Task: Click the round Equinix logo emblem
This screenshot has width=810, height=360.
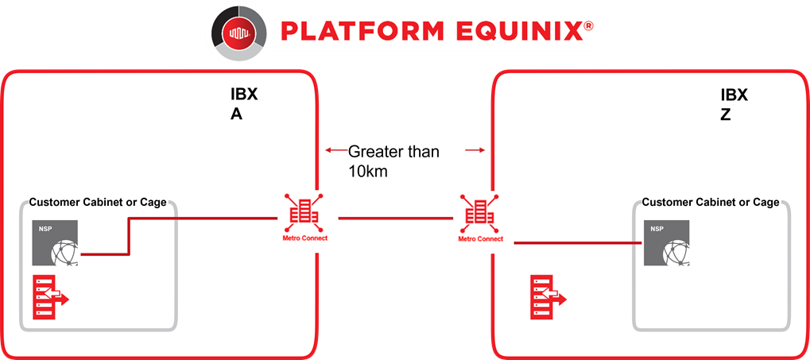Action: pos(238,33)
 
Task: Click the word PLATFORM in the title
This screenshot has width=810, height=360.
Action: pos(362,31)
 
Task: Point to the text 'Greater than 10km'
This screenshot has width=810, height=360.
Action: pos(393,161)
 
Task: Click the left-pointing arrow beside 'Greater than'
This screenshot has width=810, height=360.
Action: pos(335,151)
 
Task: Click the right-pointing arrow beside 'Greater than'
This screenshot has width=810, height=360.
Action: pos(476,151)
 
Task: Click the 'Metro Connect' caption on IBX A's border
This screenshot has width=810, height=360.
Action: pos(304,238)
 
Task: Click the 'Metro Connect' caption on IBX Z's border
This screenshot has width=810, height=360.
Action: pos(480,238)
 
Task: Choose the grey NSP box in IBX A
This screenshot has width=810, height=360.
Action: pos(56,242)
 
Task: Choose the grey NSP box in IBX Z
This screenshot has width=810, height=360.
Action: pos(666,242)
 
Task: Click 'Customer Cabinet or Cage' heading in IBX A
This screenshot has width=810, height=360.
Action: pos(98,203)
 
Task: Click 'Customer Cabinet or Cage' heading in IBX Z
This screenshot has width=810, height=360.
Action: pos(711,203)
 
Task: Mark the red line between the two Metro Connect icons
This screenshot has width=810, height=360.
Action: pos(395,219)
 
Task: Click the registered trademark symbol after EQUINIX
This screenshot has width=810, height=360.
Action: pos(588,25)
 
